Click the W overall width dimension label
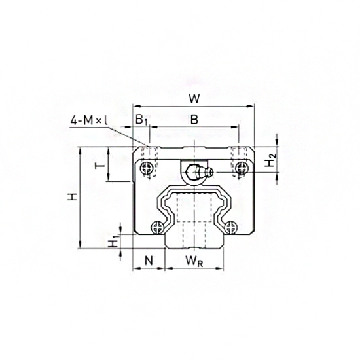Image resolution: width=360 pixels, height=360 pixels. tap(194, 100)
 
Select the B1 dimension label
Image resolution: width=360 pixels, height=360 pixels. tap(141, 120)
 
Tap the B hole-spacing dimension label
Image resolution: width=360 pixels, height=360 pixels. tap(194, 120)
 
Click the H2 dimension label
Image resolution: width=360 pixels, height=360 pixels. tap(271, 159)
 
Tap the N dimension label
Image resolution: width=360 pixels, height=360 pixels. tap(148, 261)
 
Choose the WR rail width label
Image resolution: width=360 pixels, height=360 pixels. tap(193, 261)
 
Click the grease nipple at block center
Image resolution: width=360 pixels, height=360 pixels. tap(194, 173)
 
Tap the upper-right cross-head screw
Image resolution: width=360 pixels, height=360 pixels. tap(243, 169)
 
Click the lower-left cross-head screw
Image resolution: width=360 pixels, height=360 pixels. tap(157, 227)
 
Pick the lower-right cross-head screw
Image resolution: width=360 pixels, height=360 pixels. tap(230, 227)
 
